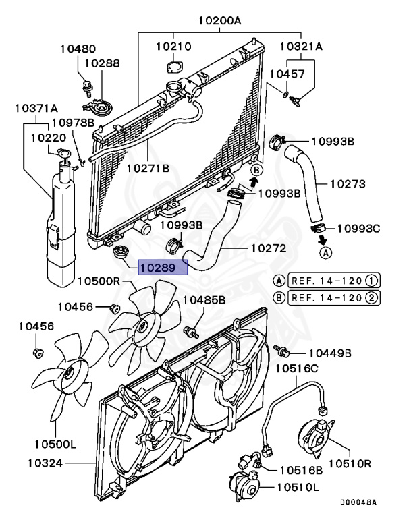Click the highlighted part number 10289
pos(159,267)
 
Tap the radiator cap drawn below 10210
pos(175,69)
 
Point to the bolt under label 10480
pos(86,86)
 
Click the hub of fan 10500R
pos(142,326)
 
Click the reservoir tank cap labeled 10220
pos(63,158)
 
